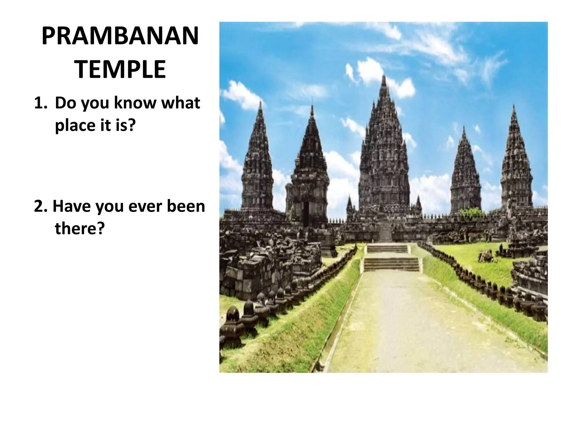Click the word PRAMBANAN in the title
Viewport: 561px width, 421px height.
(x=120, y=36)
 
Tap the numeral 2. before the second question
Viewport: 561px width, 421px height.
(x=41, y=206)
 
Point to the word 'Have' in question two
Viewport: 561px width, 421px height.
(x=71, y=206)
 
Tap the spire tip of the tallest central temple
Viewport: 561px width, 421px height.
(x=384, y=77)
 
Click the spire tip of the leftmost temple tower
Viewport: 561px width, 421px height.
(x=261, y=103)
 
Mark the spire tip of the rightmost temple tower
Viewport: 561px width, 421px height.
(x=514, y=106)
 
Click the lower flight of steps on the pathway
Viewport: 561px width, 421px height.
(x=392, y=264)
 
